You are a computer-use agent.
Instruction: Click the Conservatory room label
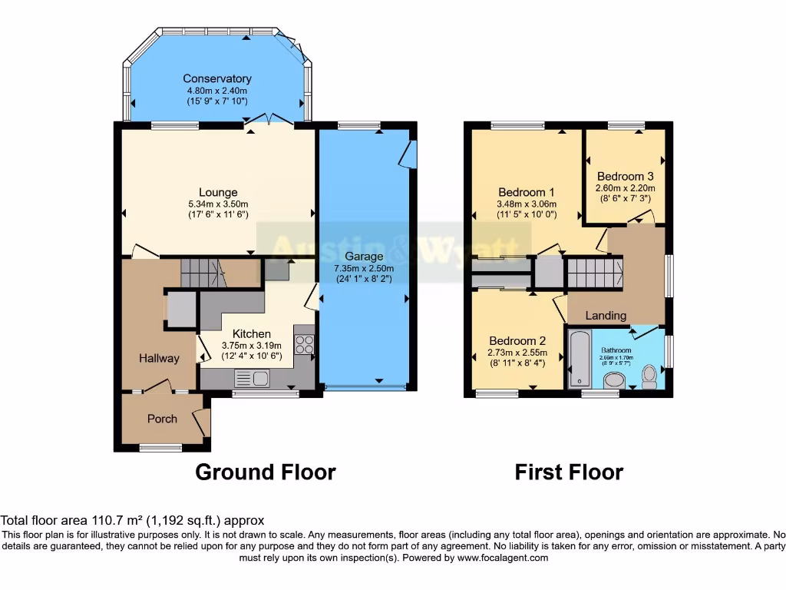[x=217, y=78]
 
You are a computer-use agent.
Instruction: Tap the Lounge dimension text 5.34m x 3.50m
[x=218, y=204]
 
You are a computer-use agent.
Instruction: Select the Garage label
[x=363, y=257]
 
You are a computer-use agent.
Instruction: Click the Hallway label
[x=159, y=358]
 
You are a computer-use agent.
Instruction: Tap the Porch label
[x=162, y=419]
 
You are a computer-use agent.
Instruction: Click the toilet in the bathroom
[x=649, y=376]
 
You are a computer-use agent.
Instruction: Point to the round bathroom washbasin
[x=614, y=380]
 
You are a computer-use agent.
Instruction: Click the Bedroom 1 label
[x=527, y=192]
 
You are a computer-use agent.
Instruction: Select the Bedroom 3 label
[x=625, y=175]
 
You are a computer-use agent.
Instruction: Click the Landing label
[x=606, y=315]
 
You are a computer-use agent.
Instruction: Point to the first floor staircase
[x=593, y=273]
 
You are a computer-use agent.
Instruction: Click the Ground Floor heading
[x=266, y=472]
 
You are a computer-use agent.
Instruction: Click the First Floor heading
[x=569, y=472]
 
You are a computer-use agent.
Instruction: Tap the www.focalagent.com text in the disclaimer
[x=502, y=558]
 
